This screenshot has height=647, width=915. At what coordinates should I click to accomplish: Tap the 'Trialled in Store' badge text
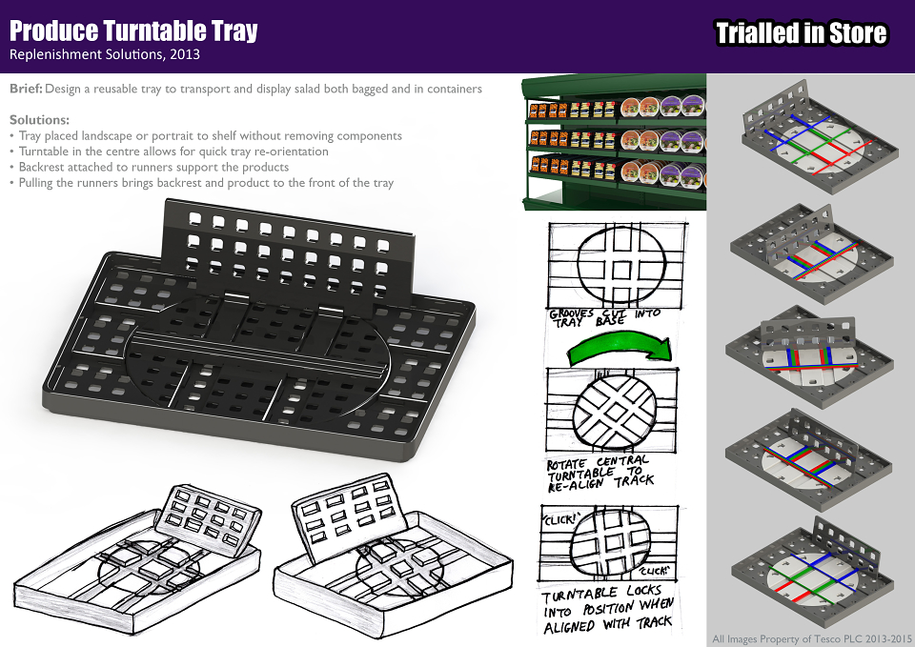point(802,33)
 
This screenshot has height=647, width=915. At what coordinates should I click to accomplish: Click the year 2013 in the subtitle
point(185,54)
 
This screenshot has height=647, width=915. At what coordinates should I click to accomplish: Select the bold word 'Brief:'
point(26,89)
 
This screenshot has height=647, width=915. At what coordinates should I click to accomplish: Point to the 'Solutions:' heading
point(39,120)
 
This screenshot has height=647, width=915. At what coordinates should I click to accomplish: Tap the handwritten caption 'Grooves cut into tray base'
point(604,317)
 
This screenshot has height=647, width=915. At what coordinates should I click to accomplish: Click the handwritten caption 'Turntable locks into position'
point(607,610)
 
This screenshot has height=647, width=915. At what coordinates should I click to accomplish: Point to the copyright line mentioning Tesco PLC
point(812,638)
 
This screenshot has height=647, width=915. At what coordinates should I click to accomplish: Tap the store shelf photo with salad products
point(614,142)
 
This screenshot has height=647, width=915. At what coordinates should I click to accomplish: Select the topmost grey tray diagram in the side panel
point(820,138)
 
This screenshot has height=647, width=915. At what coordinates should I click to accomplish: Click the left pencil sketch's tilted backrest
point(209,514)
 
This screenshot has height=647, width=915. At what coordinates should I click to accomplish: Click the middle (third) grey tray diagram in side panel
point(810,355)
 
